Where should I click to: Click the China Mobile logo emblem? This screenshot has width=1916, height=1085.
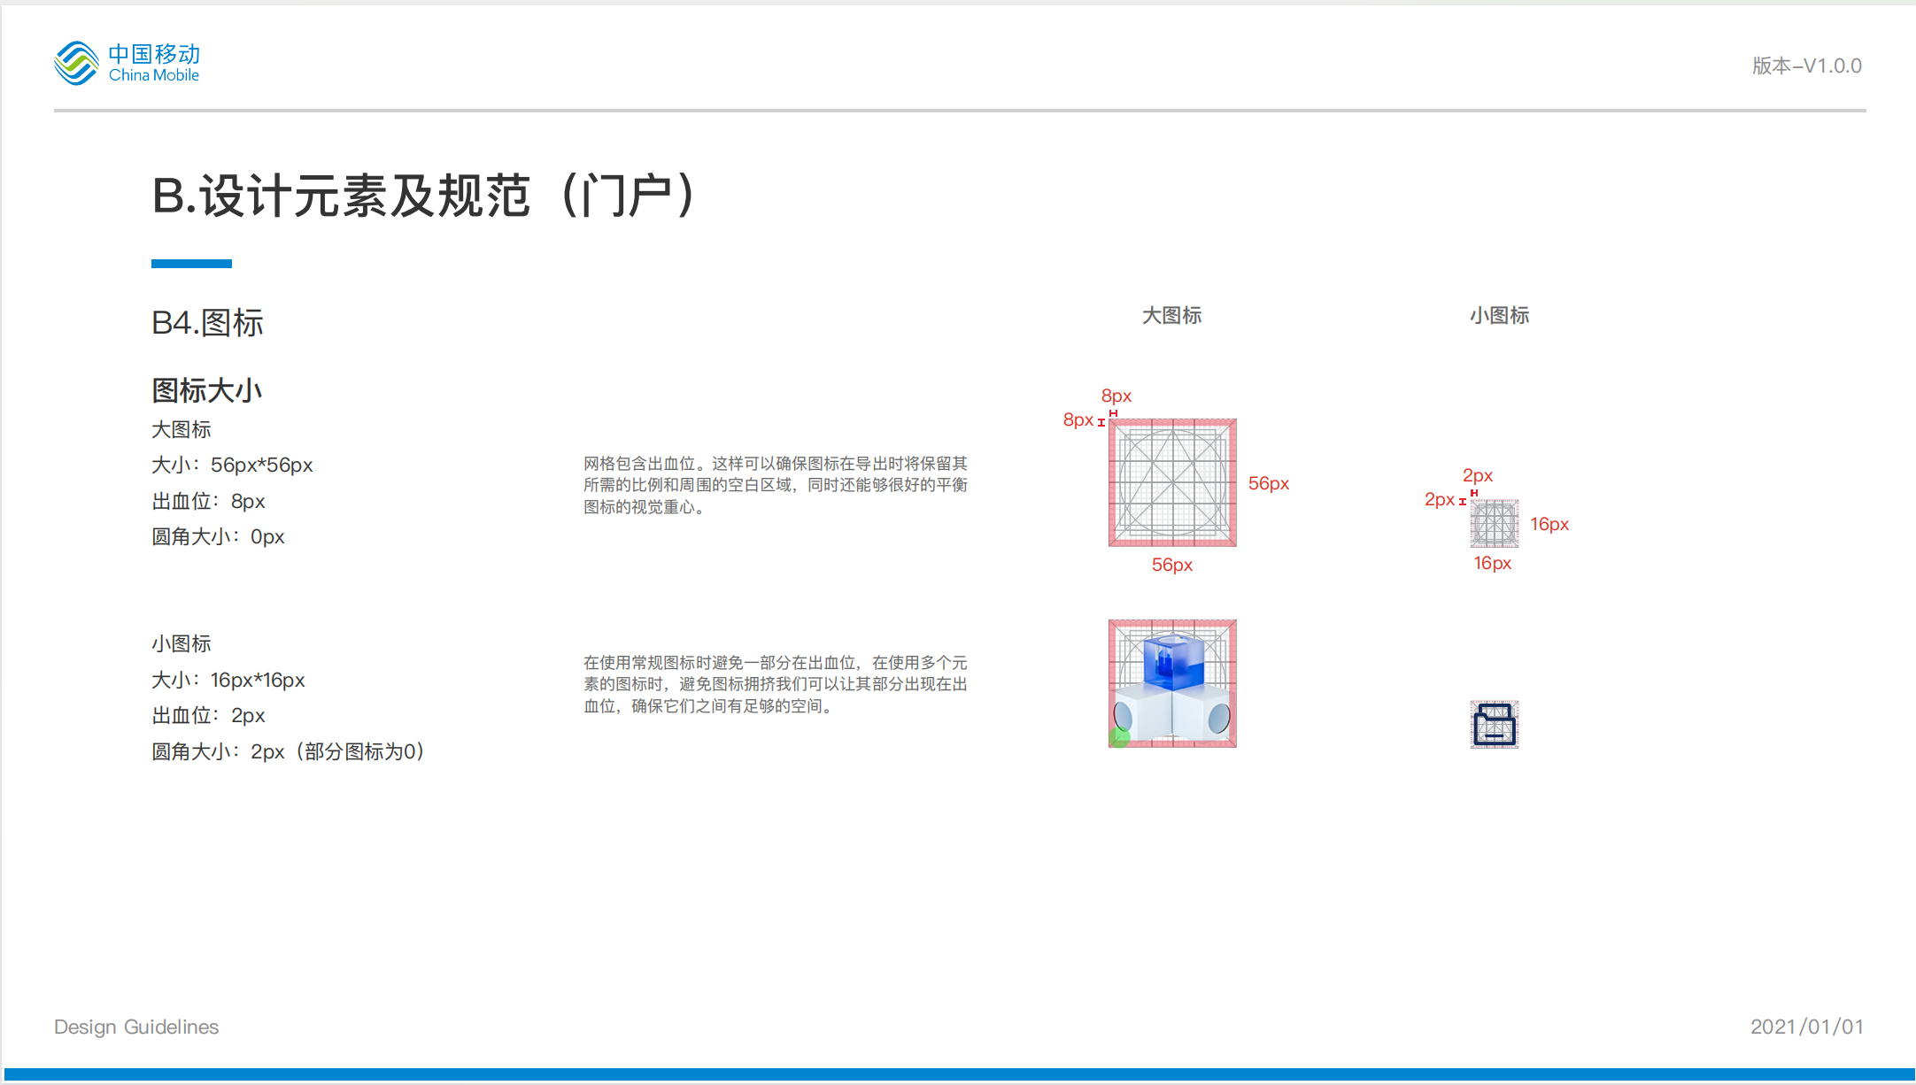click(x=76, y=63)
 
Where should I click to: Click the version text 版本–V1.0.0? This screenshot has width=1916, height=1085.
click(x=1806, y=66)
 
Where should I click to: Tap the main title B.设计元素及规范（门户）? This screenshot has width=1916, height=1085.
click(x=425, y=196)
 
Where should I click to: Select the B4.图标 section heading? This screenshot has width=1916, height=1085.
click(x=207, y=323)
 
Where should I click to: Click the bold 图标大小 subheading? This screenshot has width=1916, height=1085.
click(x=207, y=390)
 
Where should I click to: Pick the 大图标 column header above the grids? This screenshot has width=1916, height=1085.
click(x=1171, y=316)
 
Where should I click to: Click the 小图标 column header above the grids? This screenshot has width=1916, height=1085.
click(x=1499, y=316)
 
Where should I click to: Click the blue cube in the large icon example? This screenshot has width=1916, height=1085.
click(x=1173, y=661)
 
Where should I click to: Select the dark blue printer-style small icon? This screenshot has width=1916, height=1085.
click(x=1495, y=725)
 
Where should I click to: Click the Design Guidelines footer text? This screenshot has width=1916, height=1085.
click(x=136, y=1027)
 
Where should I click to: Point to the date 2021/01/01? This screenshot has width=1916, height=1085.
click(x=1807, y=1027)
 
